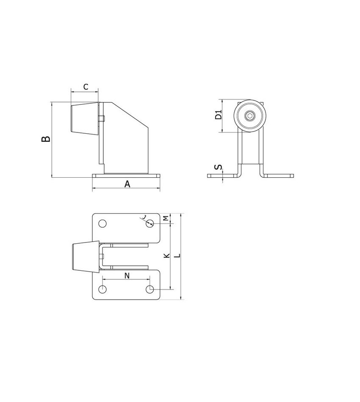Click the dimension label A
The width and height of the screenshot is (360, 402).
(127, 184)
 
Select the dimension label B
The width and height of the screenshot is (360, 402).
(46, 139)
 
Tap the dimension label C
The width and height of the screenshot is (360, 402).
(86, 87)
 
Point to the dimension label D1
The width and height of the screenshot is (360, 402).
(219, 115)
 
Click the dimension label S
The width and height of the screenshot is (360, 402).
(219, 167)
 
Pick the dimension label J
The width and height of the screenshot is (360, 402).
(144, 217)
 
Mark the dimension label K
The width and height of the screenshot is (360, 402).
(167, 255)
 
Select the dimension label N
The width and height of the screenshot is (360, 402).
(127, 275)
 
